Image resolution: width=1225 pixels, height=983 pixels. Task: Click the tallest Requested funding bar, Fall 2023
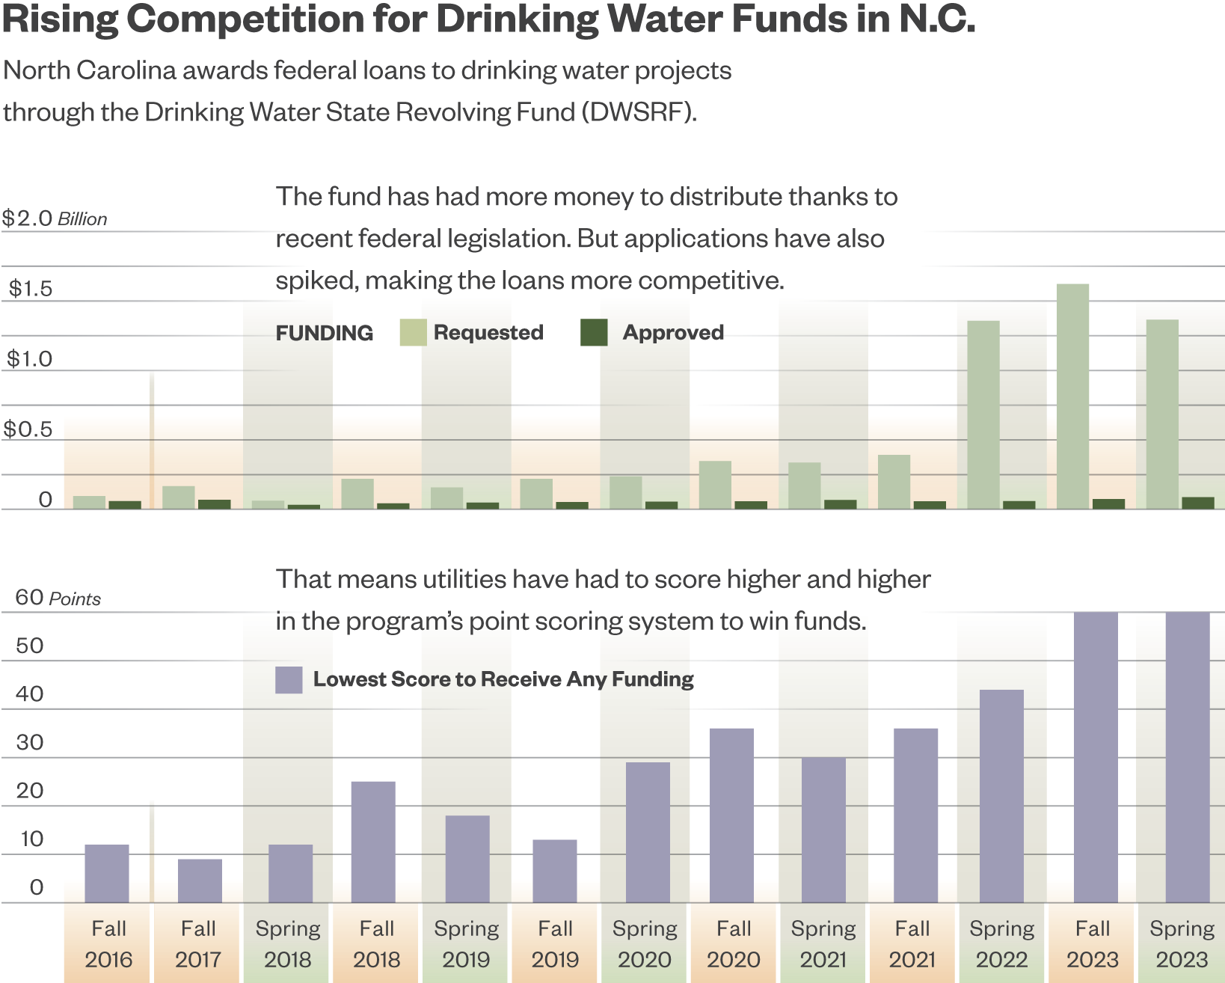click(1072, 396)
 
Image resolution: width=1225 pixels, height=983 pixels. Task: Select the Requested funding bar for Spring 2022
click(983, 415)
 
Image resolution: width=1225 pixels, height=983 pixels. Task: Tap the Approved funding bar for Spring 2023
click(1197, 503)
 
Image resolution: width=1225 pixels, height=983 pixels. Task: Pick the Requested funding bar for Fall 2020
click(715, 485)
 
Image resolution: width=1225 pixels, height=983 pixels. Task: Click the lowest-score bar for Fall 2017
click(200, 881)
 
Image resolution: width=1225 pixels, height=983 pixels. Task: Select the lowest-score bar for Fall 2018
click(373, 842)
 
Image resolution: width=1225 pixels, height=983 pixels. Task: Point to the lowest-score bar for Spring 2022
click(1001, 796)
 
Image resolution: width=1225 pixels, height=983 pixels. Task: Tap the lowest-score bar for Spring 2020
click(648, 832)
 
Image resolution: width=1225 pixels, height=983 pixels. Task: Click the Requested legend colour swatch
click(413, 332)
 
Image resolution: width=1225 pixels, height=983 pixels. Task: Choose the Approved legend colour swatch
click(594, 332)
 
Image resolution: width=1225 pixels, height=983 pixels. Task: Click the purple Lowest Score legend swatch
click(289, 680)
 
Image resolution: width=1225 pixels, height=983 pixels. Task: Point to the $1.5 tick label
click(31, 289)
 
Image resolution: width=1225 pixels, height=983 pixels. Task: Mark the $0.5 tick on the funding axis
click(28, 429)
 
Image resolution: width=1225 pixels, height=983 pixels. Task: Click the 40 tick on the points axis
click(30, 693)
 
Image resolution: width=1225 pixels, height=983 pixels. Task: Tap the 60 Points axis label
click(58, 598)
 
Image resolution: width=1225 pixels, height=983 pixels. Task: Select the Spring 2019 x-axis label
click(466, 943)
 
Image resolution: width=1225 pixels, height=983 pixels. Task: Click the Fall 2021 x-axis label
click(912, 943)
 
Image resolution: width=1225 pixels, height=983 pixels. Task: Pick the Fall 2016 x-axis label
click(108, 943)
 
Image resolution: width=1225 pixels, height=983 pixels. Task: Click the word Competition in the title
click(245, 19)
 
